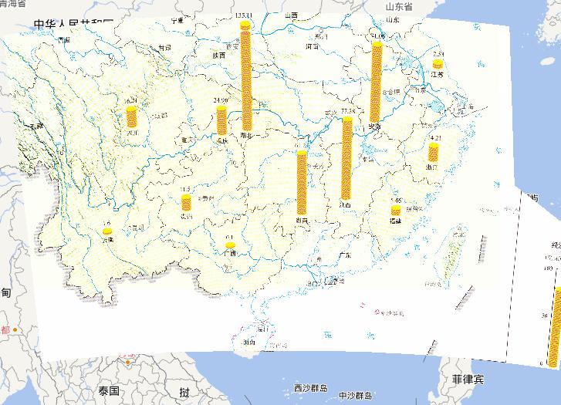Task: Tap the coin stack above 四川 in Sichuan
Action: [x=132, y=117]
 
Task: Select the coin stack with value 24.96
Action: [x=222, y=120]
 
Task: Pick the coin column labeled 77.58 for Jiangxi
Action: [x=346, y=158]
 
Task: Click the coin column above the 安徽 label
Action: [x=376, y=82]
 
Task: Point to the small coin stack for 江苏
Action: [x=438, y=65]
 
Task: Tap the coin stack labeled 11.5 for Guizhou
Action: [x=186, y=203]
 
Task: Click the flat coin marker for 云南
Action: [x=106, y=231]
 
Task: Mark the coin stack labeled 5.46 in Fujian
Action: [x=396, y=210]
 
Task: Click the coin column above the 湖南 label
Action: [x=302, y=182]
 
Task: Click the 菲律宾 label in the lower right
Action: [x=468, y=380]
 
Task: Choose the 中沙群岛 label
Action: [x=355, y=396]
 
